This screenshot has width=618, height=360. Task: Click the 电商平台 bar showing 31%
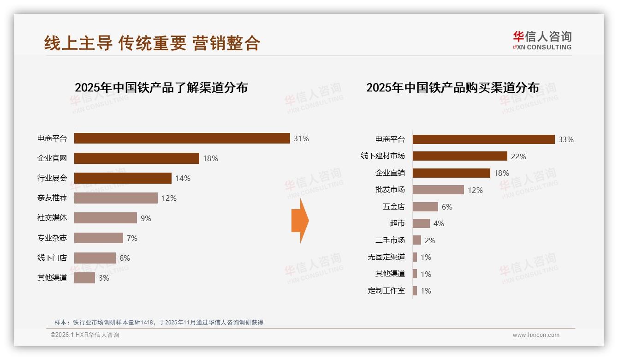coord(182,138)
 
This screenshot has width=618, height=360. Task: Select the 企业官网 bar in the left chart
coord(137,158)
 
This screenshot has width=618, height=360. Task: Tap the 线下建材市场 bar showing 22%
coord(459,156)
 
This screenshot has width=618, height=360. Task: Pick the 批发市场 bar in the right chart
coord(438,190)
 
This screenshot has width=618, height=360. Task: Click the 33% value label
coord(566,139)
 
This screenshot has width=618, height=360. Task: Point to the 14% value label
coord(183,178)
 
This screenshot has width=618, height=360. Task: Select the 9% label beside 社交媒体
coord(146,218)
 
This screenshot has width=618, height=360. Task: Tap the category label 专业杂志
coord(52,238)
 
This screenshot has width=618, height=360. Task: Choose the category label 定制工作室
coord(386,291)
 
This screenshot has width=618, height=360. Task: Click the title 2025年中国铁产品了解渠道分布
coord(161,88)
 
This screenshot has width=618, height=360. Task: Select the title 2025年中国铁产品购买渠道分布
coord(452,88)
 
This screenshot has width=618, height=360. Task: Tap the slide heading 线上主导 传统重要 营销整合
coord(152,43)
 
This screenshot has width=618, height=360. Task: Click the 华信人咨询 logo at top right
coord(542,41)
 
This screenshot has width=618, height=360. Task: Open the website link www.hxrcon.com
coord(536,335)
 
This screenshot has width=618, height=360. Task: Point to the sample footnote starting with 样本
coord(159,322)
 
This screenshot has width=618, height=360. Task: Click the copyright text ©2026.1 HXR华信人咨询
coord(85,335)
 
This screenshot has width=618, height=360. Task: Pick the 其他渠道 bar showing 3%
coord(84,278)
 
